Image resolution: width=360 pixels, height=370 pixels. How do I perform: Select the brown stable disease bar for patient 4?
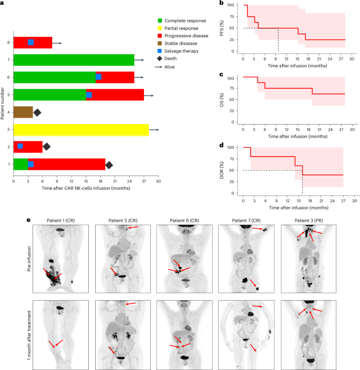pos(23,112)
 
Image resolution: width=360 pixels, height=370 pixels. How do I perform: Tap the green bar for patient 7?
pos(74,60)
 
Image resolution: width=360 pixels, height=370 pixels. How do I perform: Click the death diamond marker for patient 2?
pos(46,146)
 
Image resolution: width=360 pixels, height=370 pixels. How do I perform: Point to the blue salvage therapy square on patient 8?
pos(30,43)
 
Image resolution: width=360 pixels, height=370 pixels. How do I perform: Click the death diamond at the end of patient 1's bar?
pos(109,165)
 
